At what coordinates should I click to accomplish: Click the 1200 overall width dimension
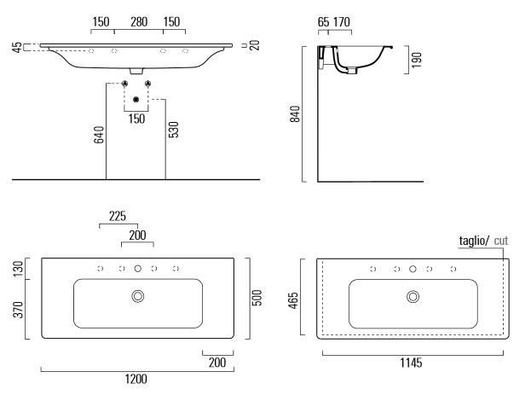point(136,379)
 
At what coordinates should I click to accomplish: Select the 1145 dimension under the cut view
point(411,363)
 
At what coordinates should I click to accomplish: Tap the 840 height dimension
point(295,114)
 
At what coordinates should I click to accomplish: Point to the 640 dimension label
point(99,135)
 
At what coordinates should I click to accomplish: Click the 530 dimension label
point(173,130)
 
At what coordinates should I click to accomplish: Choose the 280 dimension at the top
point(139,22)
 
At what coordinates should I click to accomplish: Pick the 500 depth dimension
point(257,298)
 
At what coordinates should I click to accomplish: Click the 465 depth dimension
point(293,300)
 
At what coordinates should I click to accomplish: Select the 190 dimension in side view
point(416,60)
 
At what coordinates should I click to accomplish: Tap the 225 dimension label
point(118,216)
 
